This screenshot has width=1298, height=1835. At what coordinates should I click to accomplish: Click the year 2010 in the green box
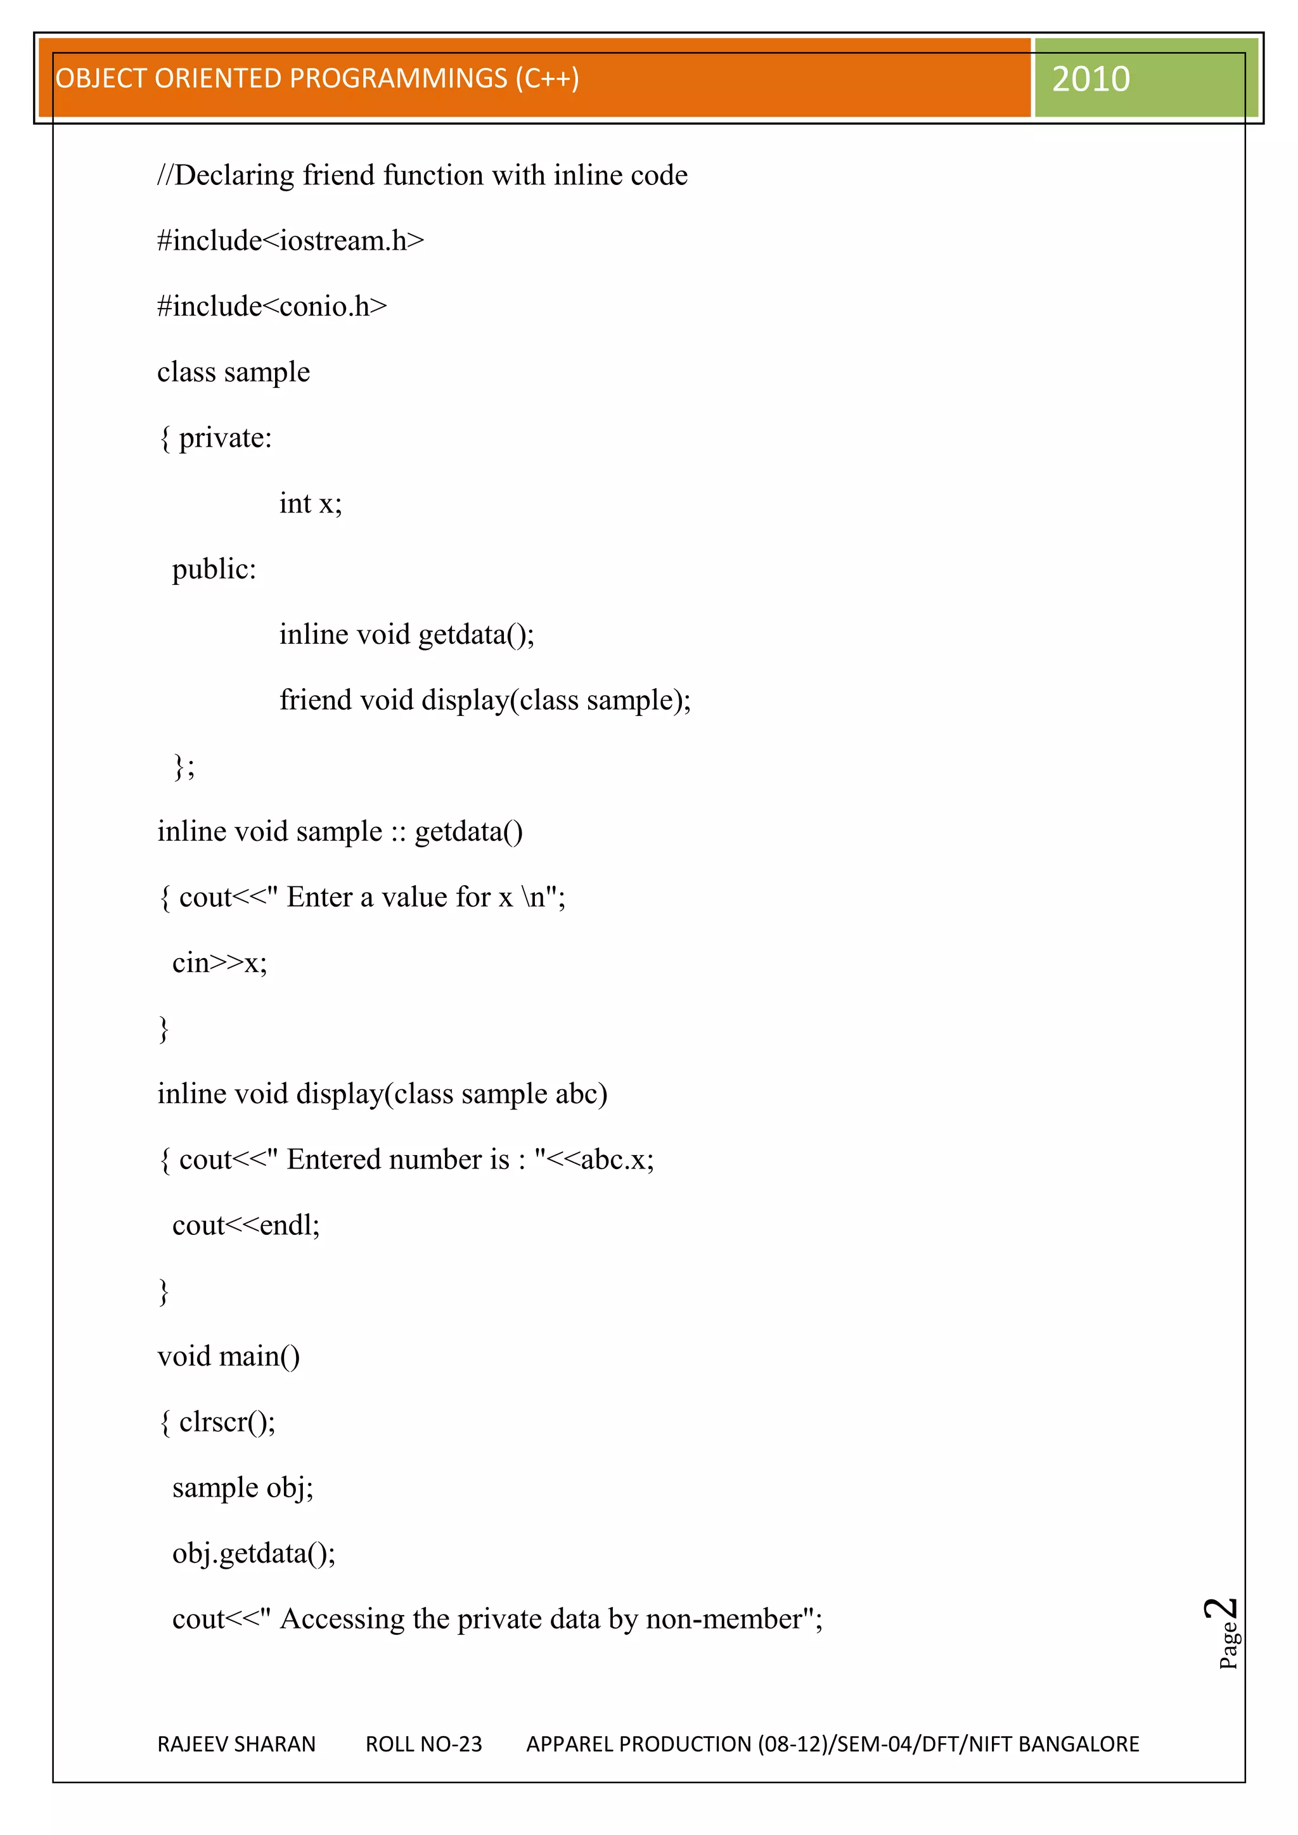point(1090,79)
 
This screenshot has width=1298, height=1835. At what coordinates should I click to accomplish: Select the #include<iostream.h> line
point(290,241)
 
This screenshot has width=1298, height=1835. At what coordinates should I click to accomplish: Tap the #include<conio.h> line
point(272,306)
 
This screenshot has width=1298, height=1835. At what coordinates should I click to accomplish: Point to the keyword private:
point(226,438)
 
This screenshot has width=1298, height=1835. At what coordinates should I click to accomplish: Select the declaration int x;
point(310,504)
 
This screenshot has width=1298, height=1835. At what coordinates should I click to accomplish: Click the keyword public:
point(214,569)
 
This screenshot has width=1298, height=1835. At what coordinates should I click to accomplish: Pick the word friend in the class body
point(315,700)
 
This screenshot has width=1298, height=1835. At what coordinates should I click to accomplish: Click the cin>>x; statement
point(220,963)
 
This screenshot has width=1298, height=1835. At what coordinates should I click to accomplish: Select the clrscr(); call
point(227,1422)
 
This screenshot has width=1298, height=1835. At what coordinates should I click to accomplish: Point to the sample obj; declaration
point(243,1487)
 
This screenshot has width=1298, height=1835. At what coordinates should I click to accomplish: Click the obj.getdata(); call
point(254,1553)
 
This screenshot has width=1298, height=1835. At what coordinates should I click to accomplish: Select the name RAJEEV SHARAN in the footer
point(236,1744)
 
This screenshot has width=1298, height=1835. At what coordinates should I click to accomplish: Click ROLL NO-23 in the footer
point(423,1744)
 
